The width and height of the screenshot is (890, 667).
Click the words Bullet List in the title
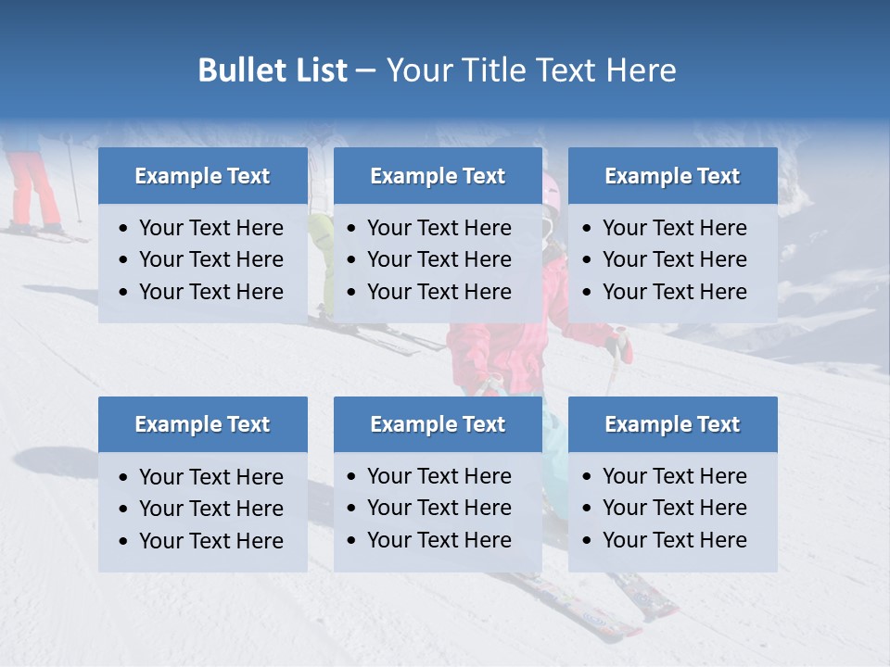pos(273,70)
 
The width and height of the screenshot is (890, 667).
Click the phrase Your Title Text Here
pos(531,70)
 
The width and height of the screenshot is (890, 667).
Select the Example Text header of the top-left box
pos(202,176)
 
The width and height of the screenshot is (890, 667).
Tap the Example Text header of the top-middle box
pos(438,176)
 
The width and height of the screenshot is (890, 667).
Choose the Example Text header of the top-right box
pos(672,176)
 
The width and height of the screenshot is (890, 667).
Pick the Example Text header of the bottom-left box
pos(202,424)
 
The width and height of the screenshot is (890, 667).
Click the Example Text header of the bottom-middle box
pos(438,424)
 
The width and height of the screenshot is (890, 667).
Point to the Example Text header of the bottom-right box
pos(672,424)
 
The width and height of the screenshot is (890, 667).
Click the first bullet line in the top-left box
pos(210,228)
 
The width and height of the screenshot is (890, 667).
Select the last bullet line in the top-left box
pos(210,292)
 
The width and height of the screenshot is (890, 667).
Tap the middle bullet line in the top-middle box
pos(439,259)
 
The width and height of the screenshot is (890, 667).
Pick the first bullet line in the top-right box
pos(674,228)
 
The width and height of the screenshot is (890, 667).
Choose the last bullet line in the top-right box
pos(674,292)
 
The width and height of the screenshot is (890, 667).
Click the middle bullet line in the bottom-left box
pos(210,509)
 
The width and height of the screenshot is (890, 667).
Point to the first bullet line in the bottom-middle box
pos(439,476)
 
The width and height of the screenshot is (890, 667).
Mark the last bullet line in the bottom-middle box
pos(439,540)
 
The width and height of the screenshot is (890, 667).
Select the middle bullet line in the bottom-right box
pos(674,508)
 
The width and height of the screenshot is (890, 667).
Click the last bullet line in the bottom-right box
pos(674,540)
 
